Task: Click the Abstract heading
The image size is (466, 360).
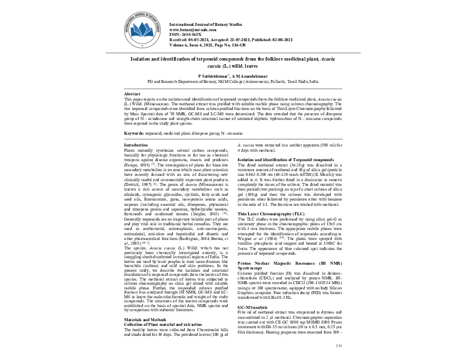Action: [x=132, y=94]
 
